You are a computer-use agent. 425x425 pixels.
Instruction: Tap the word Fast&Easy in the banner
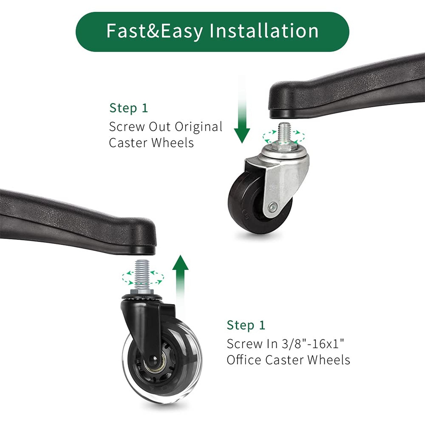155,31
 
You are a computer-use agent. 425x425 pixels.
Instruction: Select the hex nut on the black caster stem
142,293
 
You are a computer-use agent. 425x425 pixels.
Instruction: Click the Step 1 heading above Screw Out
129,108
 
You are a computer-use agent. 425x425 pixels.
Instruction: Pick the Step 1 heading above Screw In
246,325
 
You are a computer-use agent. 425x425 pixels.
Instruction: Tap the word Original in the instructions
198,127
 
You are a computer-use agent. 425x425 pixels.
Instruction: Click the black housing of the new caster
147,320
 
